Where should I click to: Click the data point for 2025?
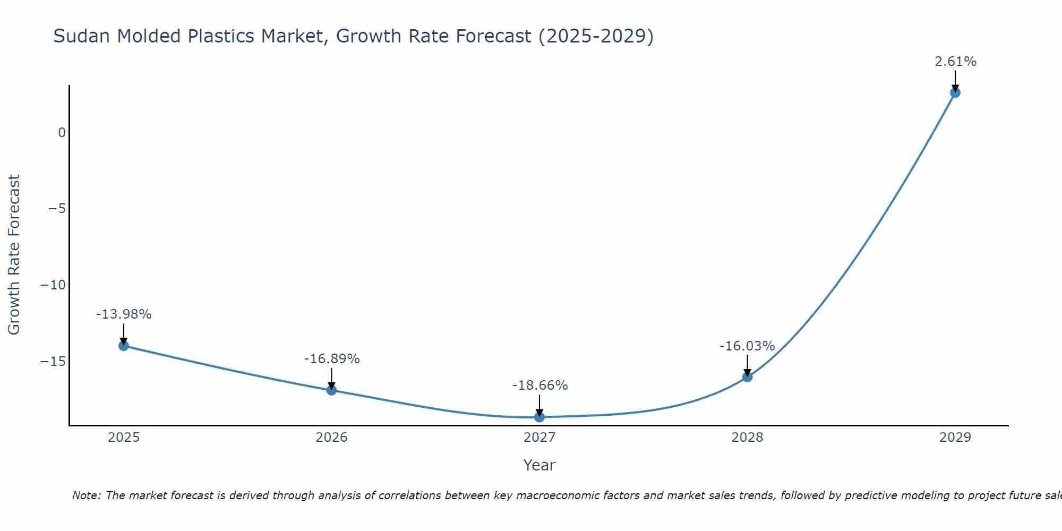[x=124, y=346]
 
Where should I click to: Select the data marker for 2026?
[x=331, y=390]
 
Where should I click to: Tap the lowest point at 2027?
[x=539, y=417]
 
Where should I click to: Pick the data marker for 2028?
[x=747, y=377]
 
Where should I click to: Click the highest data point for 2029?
[x=955, y=93]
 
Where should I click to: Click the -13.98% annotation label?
[x=124, y=314]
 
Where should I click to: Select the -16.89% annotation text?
[x=332, y=359]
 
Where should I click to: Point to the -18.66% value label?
[x=540, y=386]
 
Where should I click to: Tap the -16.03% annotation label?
[x=747, y=346]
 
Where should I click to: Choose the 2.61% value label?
[x=955, y=62]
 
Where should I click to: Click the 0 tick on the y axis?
[x=62, y=133]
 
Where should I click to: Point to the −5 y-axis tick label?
[x=57, y=209]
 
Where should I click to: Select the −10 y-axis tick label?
[x=53, y=285]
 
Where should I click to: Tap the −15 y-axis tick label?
[x=53, y=362]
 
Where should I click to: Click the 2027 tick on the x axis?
[x=539, y=438]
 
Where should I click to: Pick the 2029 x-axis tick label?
[x=955, y=438]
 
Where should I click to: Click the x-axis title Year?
[x=539, y=465]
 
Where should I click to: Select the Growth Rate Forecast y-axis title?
[x=14, y=255]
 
